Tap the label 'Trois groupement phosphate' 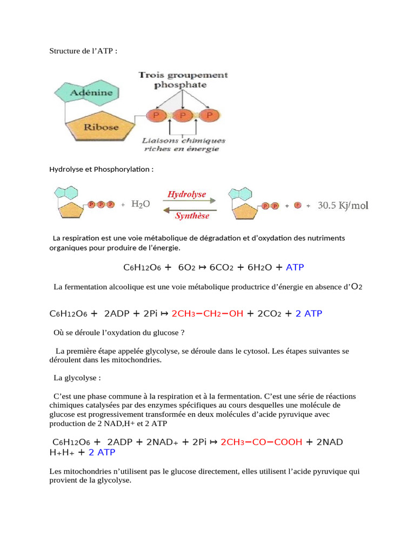click(x=183, y=80)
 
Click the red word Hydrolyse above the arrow click(x=186, y=194)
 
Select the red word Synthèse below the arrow click(x=191, y=216)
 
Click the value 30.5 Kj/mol click(x=343, y=205)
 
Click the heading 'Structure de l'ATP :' click(x=83, y=51)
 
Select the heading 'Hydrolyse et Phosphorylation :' click(x=102, y=170)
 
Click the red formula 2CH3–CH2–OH click(x=207, y=314)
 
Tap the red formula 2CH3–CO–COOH click(x=262, y=442)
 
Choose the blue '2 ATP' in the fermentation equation click(x=309, y=314)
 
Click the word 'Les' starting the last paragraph click(x=55, y=471)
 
